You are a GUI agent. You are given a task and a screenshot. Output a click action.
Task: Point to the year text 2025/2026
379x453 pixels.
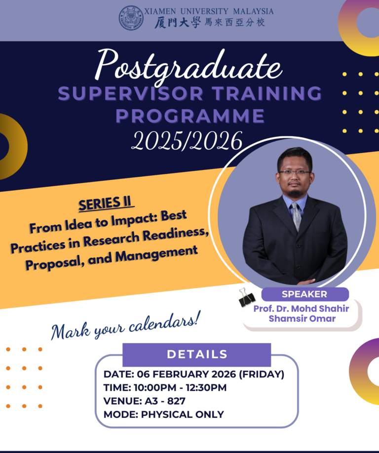click(187, 141)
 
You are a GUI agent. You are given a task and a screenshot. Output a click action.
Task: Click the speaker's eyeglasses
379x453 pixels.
click(295, 172)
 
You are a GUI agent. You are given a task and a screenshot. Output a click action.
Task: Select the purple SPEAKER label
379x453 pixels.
click(304, 294)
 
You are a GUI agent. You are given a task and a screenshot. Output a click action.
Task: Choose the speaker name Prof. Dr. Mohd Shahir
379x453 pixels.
click(301, 309)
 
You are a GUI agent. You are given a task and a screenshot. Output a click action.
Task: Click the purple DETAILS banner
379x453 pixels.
click(196, 354)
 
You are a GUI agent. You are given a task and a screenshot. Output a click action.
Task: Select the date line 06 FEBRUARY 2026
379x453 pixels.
click(194, 374)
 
